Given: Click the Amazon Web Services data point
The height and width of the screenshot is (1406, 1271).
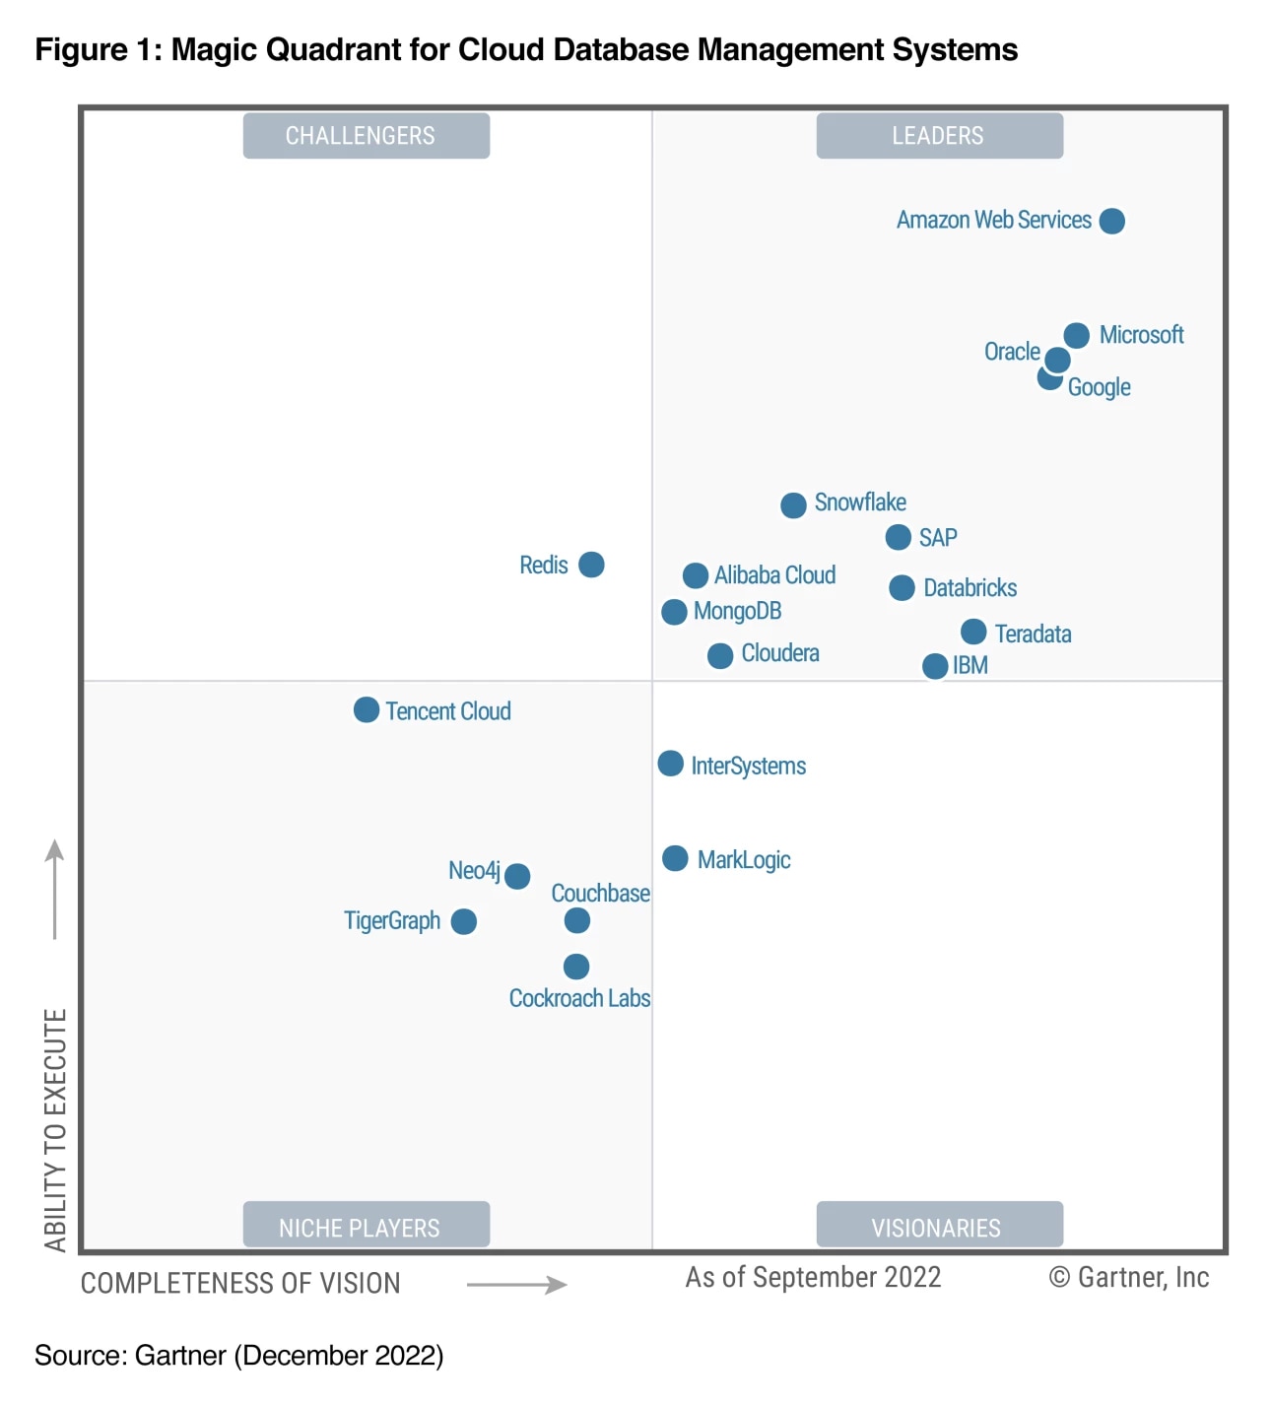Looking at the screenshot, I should pyautogui.click(x=1111, y=221).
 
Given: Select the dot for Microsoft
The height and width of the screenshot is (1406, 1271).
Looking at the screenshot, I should pyautogui.click(x=1076, y=335).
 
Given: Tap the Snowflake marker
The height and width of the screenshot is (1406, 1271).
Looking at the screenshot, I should pyautogui.click(x=793, y=505).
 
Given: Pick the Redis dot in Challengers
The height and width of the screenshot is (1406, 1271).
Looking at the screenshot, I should pyautogui.click(x=591, y=565).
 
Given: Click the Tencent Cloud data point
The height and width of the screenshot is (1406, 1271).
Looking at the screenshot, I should pyautogui.click(x=367, y=709).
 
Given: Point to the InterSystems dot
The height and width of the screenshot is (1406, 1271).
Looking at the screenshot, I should pyautogui.click(x=670, y=764).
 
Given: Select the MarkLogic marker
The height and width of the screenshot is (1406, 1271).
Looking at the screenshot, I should pyautogui.click(x=675, y=858).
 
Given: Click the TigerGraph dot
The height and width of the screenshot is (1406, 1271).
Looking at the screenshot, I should pyautogui.click(x=463, y=921).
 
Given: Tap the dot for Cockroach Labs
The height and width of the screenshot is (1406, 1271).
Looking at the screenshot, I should pyautogui.click(x=576, y=967).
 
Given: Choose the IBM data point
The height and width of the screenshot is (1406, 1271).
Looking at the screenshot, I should pyautogui.click(x=935, y=666).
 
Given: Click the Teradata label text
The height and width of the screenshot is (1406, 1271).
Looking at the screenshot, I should pyautogui.click(x=1033, y=634).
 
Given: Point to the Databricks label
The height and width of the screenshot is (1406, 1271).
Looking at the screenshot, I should pyautogui.click(x=970, y=588).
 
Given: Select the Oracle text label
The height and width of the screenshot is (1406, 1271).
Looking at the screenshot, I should pyautogui.click(x=1012, y=352).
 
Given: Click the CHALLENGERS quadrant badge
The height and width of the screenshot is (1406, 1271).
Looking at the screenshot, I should pyautogui.click(x=366, y=136).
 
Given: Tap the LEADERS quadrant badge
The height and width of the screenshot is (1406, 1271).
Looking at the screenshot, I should pyautogui.click(x=939, y=136).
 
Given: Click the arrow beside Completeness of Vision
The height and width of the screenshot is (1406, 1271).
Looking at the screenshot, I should pyautogui.click(x=516, y=1284).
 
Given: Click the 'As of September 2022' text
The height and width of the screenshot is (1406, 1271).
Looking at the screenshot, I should pyautogui.click(x=813, y=1277).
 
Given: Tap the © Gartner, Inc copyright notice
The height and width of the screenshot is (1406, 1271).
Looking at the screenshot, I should pyautogui.click(x=1129, y=1277).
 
